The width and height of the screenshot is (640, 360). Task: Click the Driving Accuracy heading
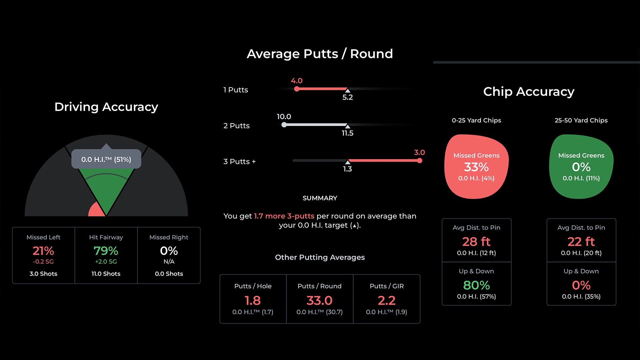pos(106,107)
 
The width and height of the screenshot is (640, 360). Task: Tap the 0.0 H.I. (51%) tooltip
pos(106,159)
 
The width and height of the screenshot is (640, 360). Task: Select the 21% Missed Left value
pos(43,251)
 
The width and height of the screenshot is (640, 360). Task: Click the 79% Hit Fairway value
pos(106,251)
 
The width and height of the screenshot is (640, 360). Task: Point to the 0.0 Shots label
pos(169,274)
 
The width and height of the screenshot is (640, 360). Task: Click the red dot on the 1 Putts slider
pos(297,89)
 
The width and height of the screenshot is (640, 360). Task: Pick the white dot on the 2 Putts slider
pos(284,125)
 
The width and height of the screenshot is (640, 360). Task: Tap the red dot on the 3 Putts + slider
pos(420,161)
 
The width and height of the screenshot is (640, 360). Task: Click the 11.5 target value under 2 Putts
pos(347,133)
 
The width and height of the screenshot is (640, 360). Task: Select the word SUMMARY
pos(320,198)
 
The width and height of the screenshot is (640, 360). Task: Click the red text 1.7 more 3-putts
pos(284,216)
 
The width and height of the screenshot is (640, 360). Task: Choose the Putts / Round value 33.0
pos(319,301)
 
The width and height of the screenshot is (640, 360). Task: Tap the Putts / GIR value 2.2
pos(386,301)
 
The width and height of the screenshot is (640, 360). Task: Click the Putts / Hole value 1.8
pos(253,301)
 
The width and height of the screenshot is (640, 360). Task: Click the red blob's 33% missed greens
pos(476,167)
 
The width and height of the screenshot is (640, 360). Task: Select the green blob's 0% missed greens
pos(581,167)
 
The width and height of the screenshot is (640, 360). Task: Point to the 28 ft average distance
pos(476,242)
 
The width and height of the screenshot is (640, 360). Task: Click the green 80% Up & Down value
pos(476,285)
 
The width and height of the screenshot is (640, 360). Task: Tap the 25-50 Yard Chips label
pos(581,120)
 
